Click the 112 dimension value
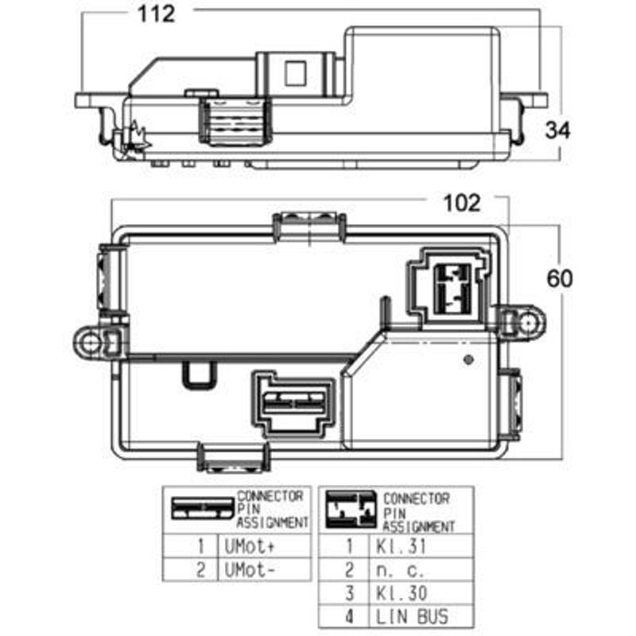(156, 14)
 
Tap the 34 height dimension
(558, 130)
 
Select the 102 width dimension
(462, 204)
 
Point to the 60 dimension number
(560, 279)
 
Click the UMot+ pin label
(250, 546)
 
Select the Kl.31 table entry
(401, 546)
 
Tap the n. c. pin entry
(400, 570)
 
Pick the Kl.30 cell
(401, 593)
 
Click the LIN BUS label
(412, 617)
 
